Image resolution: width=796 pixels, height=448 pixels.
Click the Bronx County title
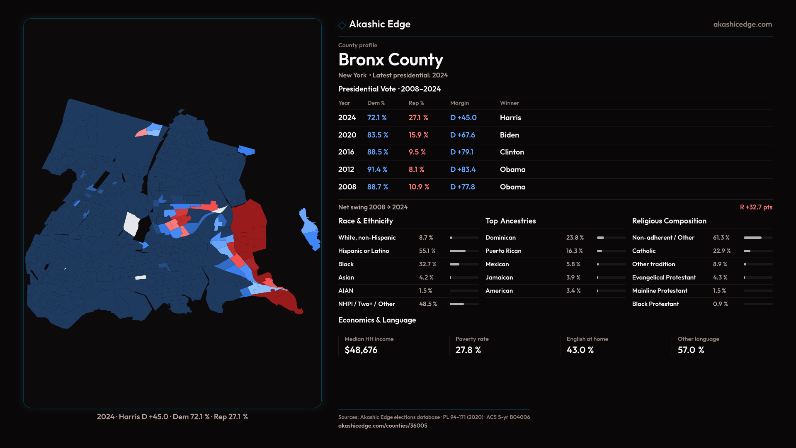coord(391,60)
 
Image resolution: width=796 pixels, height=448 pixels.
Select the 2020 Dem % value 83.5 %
coord(377,135)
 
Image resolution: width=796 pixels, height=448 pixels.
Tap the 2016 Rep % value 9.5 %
coord(417,152)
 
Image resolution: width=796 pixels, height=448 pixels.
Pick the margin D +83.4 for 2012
coord(463,170)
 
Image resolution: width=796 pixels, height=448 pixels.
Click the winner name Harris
coord(510,118)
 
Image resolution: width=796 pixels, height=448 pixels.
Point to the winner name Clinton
coord(512,152)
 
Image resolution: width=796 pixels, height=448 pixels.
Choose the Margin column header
coord(459,103)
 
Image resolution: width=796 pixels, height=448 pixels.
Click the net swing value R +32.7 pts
coord(756,207)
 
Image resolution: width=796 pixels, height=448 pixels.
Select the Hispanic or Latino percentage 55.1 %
coord(427,251)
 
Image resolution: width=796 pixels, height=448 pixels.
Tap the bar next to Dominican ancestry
coord(611,238)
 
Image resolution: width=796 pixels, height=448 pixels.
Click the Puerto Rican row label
coord(503,251)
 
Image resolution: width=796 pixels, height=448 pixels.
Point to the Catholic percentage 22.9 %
coord(721,251)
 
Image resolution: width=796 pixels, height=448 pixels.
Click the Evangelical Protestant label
coord(664,278)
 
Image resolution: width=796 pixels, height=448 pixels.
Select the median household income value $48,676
coord(361,350)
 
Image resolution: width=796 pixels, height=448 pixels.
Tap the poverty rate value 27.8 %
coord(468,350)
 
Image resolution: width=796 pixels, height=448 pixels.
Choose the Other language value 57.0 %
coord(691,350)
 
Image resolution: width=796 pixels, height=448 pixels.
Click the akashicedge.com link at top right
coord(742,24)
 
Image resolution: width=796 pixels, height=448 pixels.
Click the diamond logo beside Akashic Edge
coord(342,25)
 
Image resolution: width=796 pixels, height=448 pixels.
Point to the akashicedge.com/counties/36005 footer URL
coord(382,426)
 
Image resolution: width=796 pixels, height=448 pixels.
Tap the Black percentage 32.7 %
coord(427,264)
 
